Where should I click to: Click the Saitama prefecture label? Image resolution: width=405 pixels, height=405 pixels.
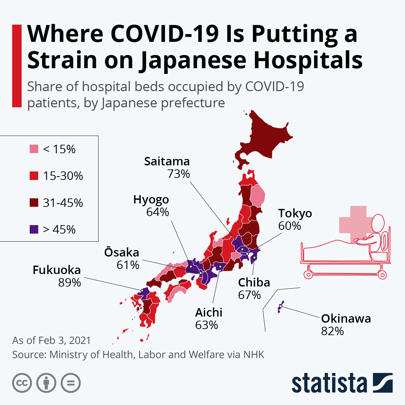[167, 161]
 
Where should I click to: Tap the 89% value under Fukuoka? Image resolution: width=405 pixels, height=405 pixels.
[70, 282]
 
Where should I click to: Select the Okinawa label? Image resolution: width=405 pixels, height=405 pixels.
[346, 318]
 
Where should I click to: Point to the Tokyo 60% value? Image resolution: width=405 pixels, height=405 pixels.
[289, 226]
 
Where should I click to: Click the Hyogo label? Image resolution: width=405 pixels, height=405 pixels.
[151, 199]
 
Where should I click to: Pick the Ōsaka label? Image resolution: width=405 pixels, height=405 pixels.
[122, 252]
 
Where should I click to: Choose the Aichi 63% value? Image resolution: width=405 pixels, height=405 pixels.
[207, 325]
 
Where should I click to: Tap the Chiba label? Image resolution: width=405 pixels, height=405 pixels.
[254, 282]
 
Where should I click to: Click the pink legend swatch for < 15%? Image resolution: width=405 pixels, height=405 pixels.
[34, 149]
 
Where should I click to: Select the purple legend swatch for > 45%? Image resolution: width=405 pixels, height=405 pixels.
[34, 230]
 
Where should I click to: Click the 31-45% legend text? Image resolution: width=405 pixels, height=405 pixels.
[63, 203]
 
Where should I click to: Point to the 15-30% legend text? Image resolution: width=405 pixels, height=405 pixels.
[63, 176]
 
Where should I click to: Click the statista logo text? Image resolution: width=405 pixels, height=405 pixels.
[329, 383]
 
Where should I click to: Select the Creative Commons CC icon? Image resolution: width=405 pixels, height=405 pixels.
[22, 383]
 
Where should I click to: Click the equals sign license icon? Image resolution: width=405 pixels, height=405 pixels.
[71, 383]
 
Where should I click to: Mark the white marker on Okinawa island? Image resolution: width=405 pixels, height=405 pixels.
[280, 306]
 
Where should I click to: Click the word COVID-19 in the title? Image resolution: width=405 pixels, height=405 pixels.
[164, 34]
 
